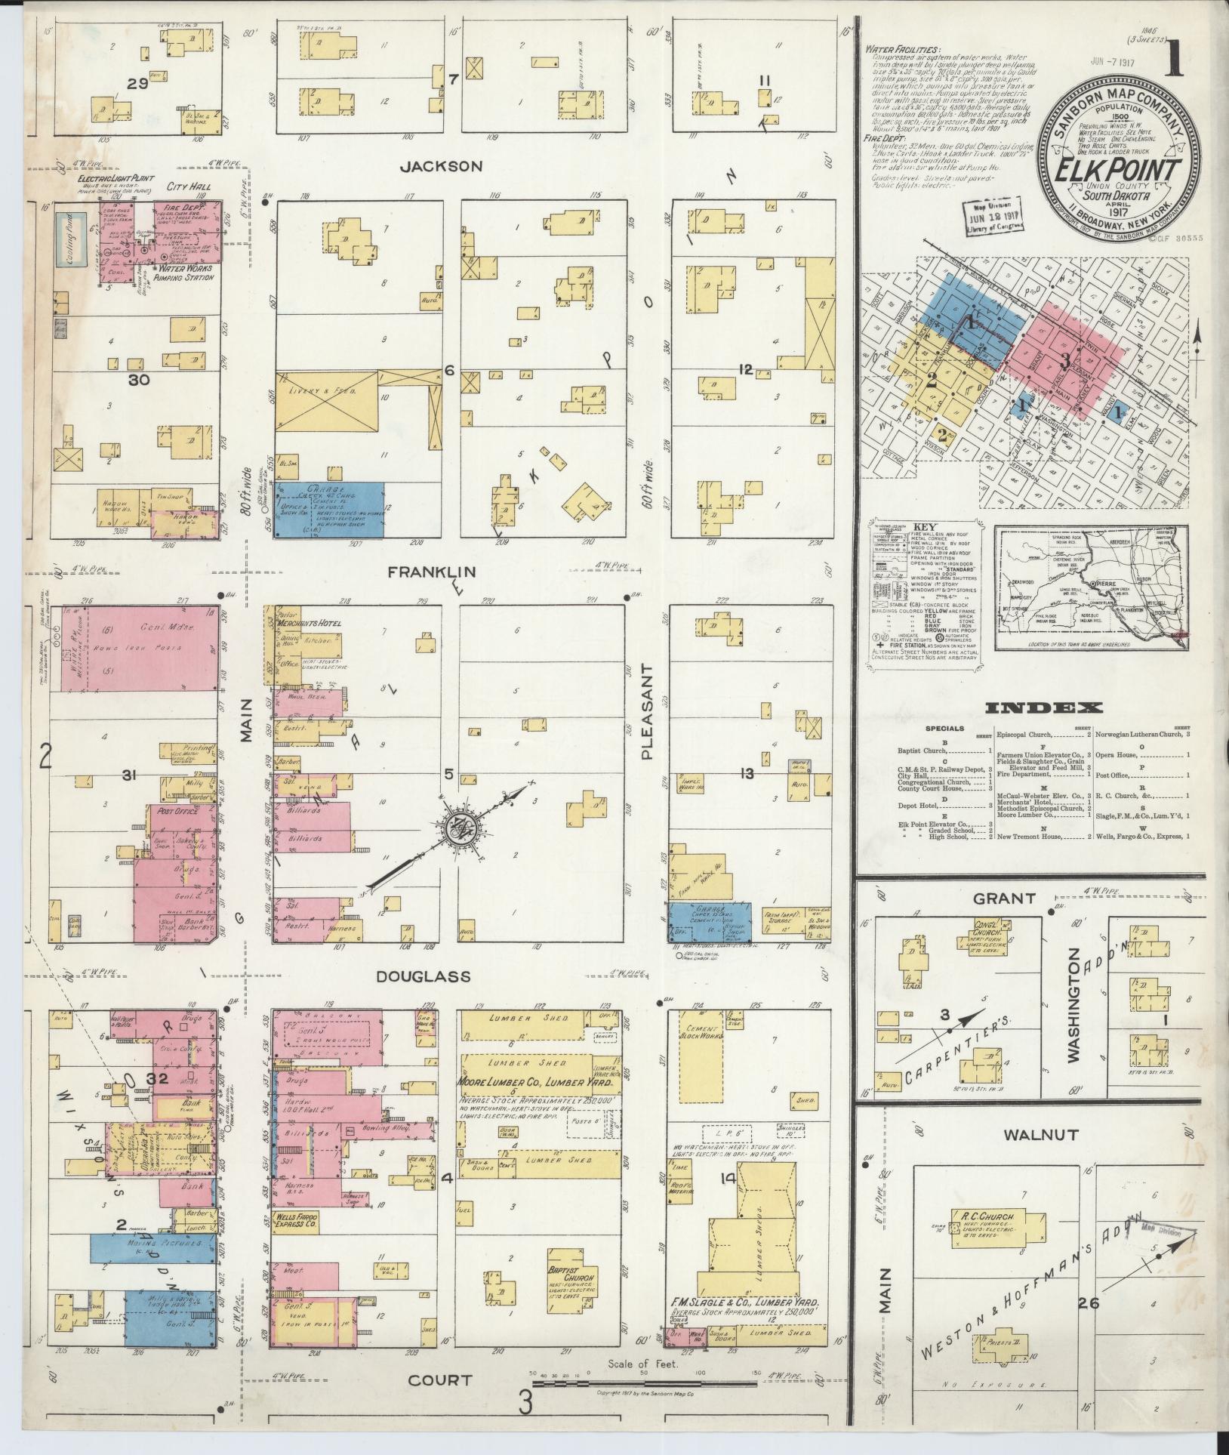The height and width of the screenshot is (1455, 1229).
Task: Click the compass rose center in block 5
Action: (x=460, y=825)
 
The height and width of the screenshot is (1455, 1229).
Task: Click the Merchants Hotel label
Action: (x=310, y=623)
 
